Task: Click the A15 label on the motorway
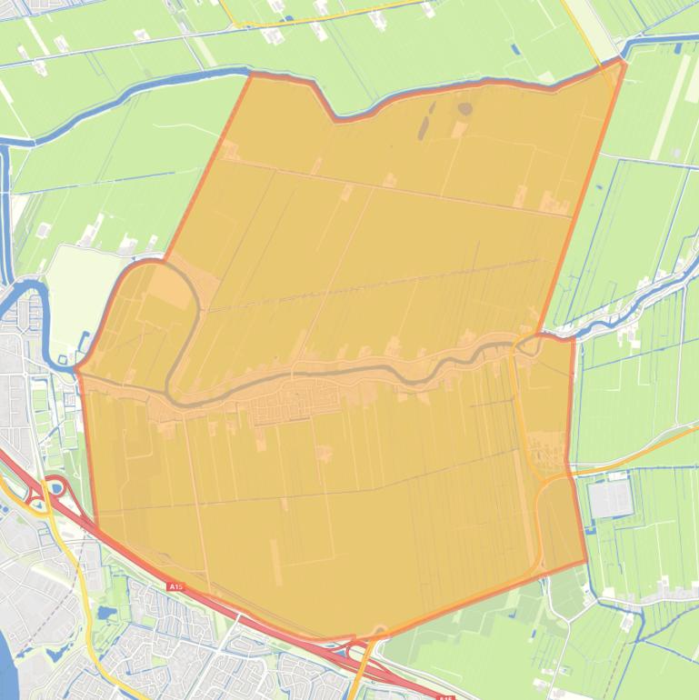(x=175, y=587)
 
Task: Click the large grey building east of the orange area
(x=608, y=498)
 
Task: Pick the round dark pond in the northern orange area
(x=464, y=109)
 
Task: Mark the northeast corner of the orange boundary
(x=623, y=60)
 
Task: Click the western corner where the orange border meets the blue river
(x=77, y=368)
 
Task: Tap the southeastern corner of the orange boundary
(x=586, y=562)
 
